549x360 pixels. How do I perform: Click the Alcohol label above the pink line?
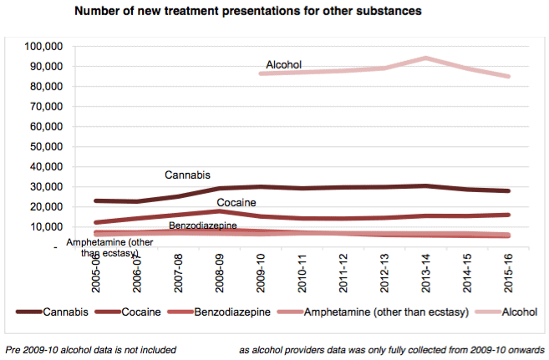point(283,64)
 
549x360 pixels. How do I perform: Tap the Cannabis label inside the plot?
point(187,175)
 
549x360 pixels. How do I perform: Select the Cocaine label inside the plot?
point(236,203)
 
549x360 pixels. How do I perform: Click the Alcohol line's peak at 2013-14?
point(426,58)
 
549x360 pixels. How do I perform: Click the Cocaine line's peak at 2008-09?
point(217,210)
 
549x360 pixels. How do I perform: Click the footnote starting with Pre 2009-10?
point(91,347)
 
